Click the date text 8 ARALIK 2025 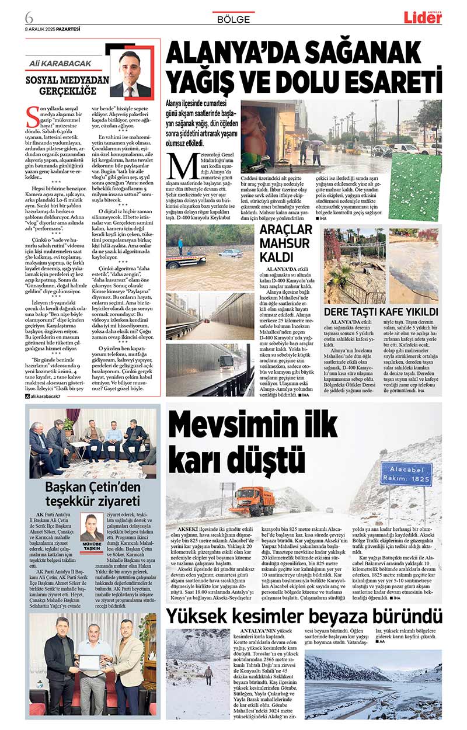pyautogui.click(x=42, y=28)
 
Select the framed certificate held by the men pyautogui.click(x=91, y=662)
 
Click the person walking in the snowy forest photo pyautogui.click(x=208, y=676)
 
